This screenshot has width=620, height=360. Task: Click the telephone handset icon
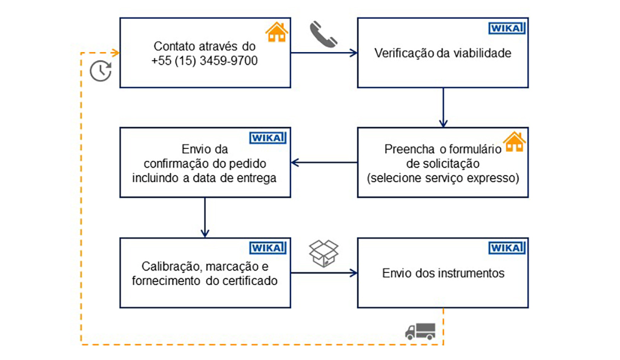click(323, 34)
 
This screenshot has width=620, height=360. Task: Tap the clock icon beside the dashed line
click(101, 71)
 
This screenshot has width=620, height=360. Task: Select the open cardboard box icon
click(323, 253)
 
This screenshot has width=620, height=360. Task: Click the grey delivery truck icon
click(420, 330)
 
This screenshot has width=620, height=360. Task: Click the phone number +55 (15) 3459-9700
click(205, 60)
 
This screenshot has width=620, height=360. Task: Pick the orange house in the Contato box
click(276, 32)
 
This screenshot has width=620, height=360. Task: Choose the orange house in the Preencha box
click(514, 142)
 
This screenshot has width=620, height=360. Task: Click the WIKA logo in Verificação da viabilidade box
click(506, 28)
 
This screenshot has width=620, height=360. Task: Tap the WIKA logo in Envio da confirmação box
click(268, 137)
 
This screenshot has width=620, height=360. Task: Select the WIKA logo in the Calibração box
click(268, 247)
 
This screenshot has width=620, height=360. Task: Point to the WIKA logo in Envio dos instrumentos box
click(506, 247)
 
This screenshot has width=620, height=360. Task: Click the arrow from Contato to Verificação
click(324, 53)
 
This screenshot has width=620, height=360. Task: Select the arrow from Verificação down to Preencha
click(443, 107)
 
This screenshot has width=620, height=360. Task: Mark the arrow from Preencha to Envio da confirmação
click(324, 162)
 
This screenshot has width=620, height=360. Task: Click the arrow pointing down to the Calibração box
click(205, 217)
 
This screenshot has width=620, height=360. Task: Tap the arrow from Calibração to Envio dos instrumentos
click(324, 273)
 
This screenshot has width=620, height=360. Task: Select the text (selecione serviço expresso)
click(443, 178)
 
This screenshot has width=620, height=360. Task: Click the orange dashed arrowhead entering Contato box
click(116, 53)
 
